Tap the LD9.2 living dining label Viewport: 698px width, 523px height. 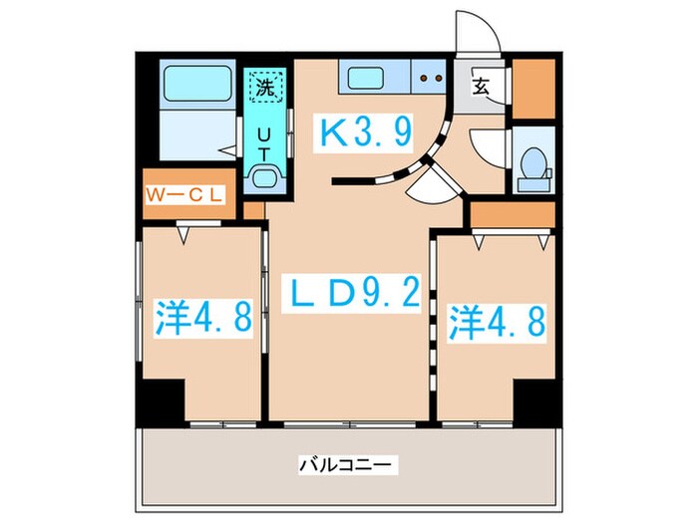[348, 294]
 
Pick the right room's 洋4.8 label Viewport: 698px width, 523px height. [495, 321]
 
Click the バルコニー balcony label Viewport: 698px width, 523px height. [348, 464]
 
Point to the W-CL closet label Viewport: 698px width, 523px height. [188, 194]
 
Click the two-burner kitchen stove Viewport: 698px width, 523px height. [432, 76]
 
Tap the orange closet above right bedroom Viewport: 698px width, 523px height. [512, 213]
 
